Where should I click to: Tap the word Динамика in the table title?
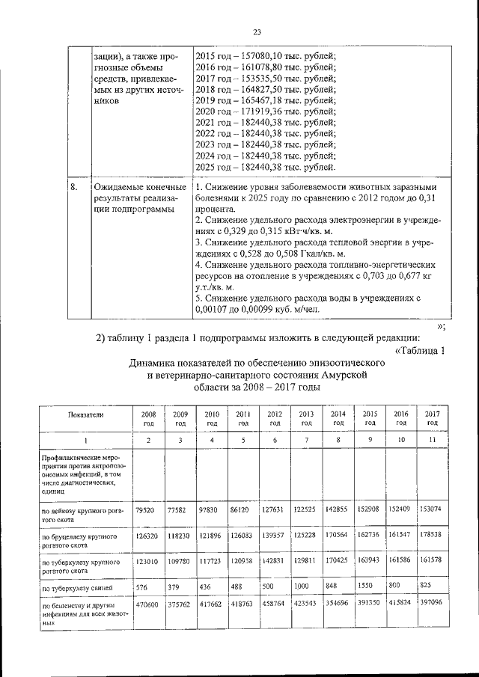[x=153, y=364]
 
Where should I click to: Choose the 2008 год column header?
[x=147, y=418]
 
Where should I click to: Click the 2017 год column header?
[x=432, y=418]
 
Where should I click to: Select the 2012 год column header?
[x=275, y=418]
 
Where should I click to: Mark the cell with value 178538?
[x=431, y=536]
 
